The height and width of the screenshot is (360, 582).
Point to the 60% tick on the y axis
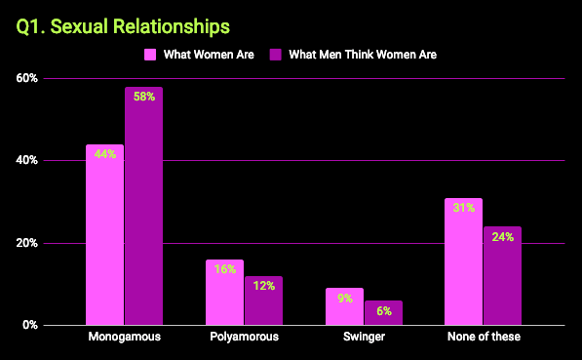tap(26, 78)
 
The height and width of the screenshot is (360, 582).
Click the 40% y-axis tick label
tap(26, 161)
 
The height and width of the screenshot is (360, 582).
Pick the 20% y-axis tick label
tap(26, 243)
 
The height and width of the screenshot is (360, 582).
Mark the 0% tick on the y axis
tap(29, 325)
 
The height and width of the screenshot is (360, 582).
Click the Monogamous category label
tap(124, 338)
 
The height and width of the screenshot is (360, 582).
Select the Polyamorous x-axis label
tap(244, 338)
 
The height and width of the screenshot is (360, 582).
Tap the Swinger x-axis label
tap(364, 338)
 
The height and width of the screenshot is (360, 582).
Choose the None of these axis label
tap(483, 338)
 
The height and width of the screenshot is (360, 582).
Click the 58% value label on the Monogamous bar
tap(143, 97)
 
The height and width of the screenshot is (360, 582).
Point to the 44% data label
tap(104, 154)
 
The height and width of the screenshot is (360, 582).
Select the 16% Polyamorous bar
tap(224, 293)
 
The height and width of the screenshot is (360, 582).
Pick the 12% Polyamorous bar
tap(263, 302)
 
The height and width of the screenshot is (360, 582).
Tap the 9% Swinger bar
tap(344, 306)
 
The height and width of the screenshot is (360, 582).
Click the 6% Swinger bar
tap(383, 312)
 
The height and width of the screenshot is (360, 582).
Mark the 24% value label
tap(502, 236)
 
